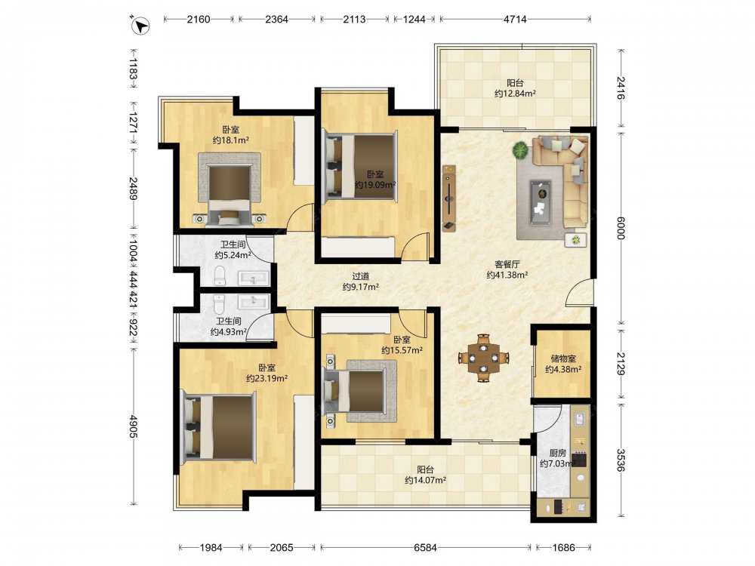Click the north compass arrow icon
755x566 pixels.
140,25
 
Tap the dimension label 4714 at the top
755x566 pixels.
515,20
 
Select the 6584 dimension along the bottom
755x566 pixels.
425,547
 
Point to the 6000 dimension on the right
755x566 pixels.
621,228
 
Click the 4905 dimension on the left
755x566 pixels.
134,426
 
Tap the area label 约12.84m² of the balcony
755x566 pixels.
515,94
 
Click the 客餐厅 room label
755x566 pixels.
507,264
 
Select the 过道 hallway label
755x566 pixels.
361,276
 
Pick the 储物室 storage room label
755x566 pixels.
563,358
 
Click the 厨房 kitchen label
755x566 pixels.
558,453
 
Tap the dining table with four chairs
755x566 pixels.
483,358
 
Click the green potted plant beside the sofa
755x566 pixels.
520,151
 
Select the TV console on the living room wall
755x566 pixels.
449,198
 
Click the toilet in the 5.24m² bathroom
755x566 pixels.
220,275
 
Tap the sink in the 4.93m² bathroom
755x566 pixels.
253,301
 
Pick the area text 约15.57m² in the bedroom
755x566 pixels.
402,350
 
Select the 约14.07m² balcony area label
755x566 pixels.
425,480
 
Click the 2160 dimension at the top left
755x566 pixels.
199,20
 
